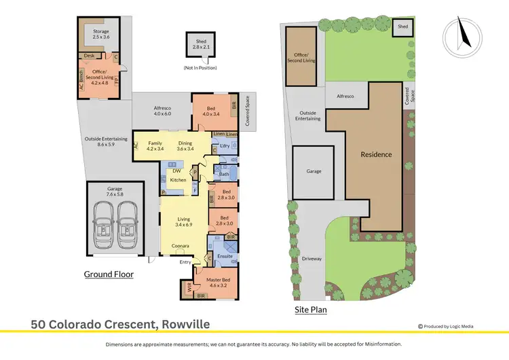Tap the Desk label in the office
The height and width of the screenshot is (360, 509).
[x=89, y=56]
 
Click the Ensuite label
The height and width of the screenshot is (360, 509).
[x=225, y=256]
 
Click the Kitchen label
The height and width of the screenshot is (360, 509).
[x=178, y=180]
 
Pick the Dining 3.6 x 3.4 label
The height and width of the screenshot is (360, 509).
[x=185, y=146]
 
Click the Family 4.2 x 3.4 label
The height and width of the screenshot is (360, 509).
[x=155, y=146]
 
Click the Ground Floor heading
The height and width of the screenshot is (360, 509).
[x=109, y=274]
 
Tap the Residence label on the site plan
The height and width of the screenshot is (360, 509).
[x=376, y=154]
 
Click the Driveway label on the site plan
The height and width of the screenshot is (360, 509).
[x=311, y=259]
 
